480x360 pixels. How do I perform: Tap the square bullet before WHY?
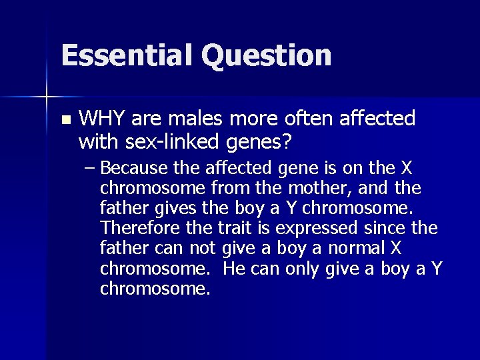coord(65,121)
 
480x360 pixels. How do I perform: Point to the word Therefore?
coord(139,228)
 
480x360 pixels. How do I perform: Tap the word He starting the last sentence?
coord(234,269)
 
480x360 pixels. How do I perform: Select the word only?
coord(303,269)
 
